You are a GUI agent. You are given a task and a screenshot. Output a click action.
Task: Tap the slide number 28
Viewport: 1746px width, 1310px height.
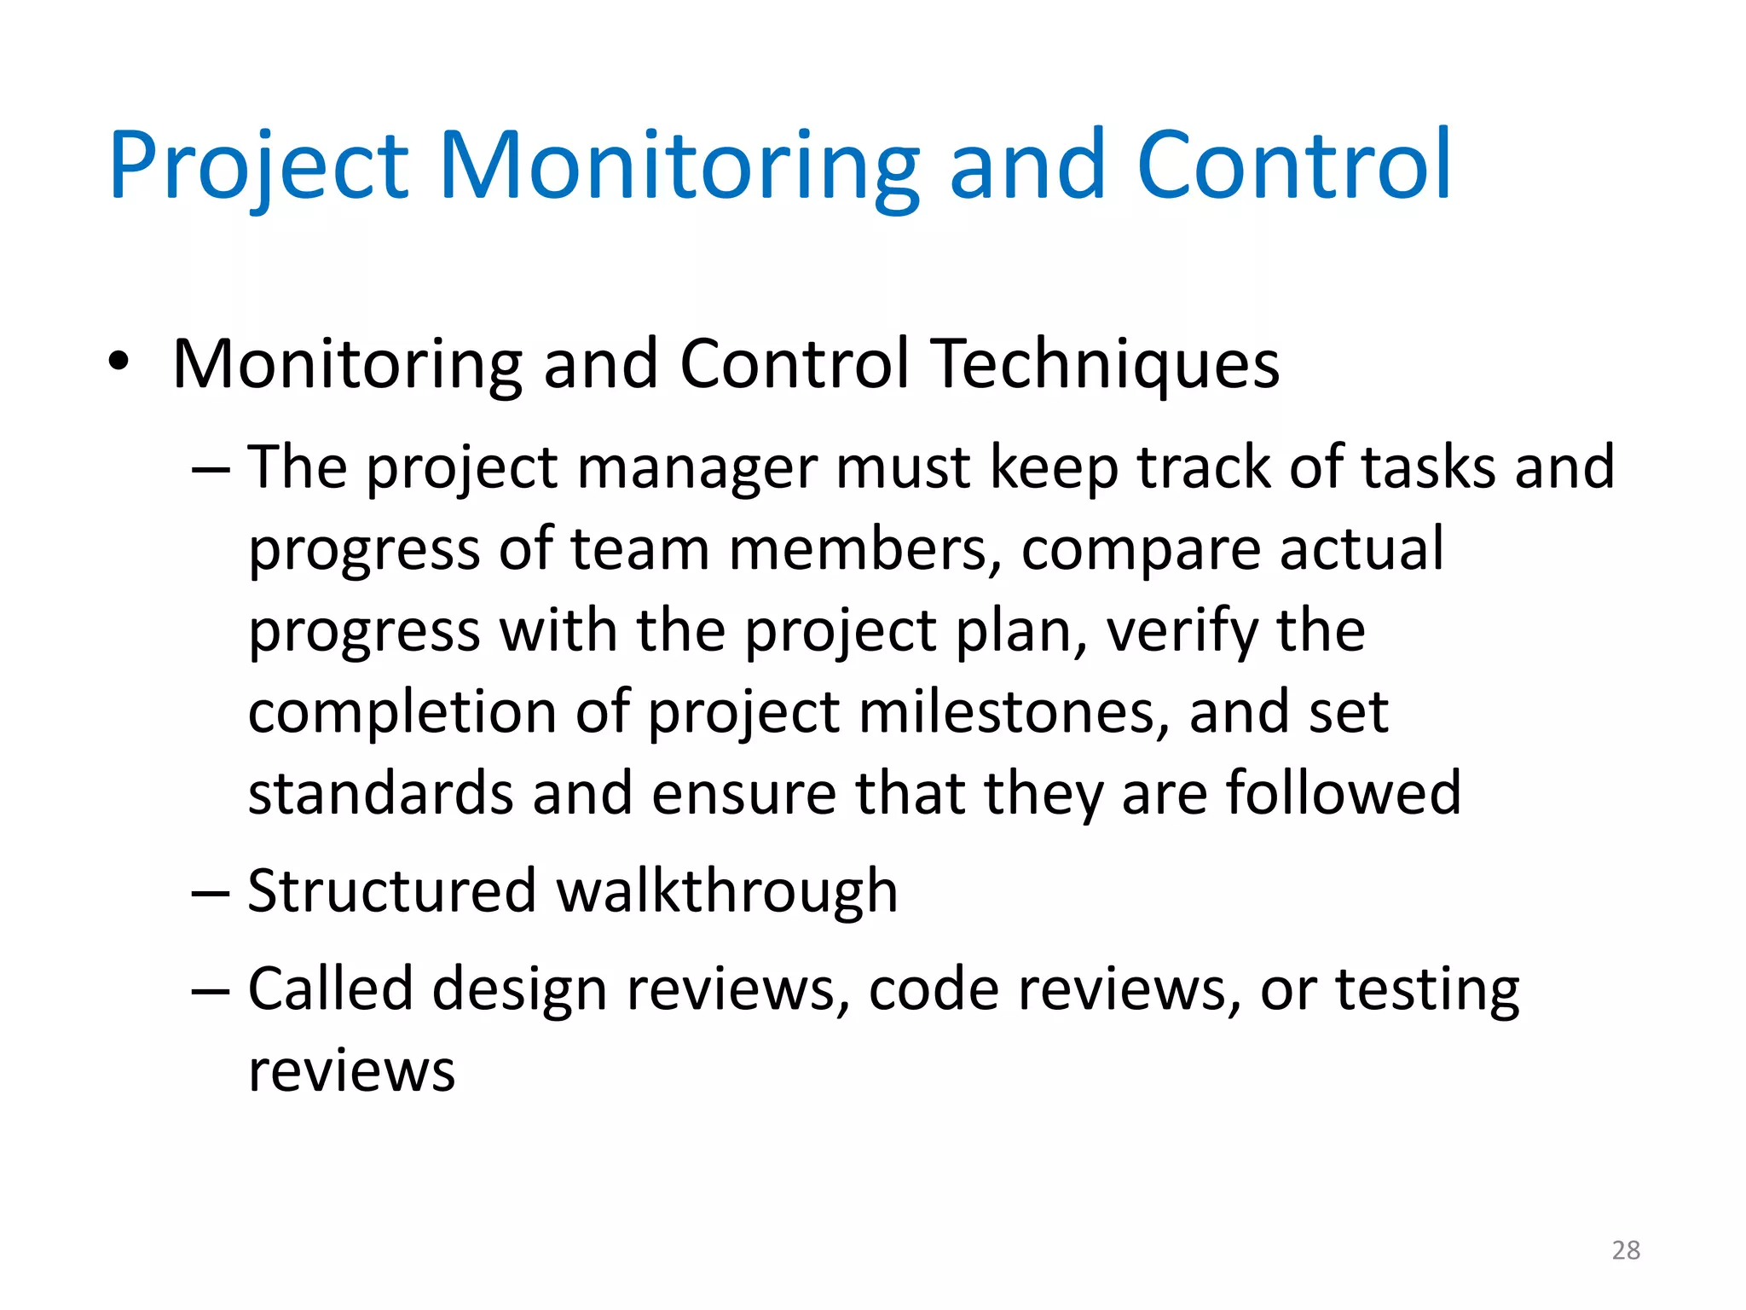[1626, 1250]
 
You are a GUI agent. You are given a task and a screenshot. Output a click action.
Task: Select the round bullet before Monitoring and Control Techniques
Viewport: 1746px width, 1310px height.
[119, 362]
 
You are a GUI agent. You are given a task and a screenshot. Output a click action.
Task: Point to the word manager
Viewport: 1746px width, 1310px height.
[697, 468]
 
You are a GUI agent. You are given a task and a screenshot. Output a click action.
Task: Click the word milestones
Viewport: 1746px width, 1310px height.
[1014, 712]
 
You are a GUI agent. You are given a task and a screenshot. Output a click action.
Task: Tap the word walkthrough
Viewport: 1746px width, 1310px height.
[727, 891]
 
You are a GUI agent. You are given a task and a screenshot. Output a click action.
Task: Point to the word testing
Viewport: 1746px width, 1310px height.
[1427, 991]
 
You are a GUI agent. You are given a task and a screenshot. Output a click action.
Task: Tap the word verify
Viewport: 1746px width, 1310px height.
[1181, 632]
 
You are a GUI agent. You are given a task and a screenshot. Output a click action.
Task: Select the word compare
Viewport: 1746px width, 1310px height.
[1141, 550]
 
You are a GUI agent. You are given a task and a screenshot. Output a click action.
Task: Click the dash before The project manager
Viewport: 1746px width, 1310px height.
[211, 470]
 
